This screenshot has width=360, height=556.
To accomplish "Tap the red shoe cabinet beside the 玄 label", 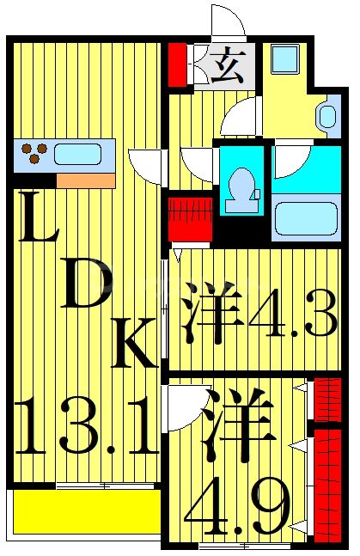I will pyautogui.click(x=177, y=63).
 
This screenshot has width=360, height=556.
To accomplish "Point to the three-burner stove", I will pyautogui.click(x=35, y=154).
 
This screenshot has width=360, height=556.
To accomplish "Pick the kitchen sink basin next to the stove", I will pyautogui.click(x=77, y=155).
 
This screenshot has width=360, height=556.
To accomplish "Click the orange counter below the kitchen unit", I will pyautogui.click(x=85, y=180).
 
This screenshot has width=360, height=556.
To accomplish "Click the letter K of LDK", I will pyautogui.click(x=135, y=343).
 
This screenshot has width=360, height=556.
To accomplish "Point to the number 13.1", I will pyautogui.click(x=86, y=426).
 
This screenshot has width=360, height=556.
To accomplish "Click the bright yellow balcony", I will pyautogui.click(x=85, y=512).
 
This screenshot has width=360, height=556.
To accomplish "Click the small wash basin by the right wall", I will pyautogui.click(x=327, y=116).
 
